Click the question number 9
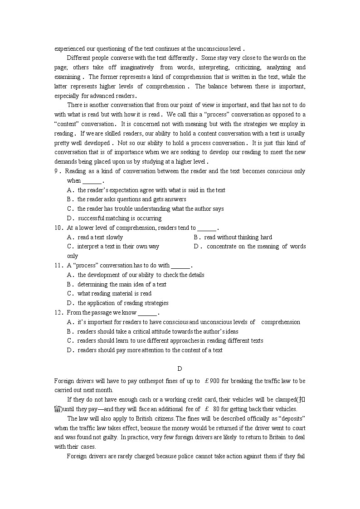click(x=56, y=171)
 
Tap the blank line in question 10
click(x=207, y=228)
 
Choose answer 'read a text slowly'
click(x=100, y=238)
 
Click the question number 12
click(x=58, y=313)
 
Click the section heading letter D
click(x=180, y=369)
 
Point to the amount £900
click(x=212, y=381)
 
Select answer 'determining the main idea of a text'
click(x=122, y=285)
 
